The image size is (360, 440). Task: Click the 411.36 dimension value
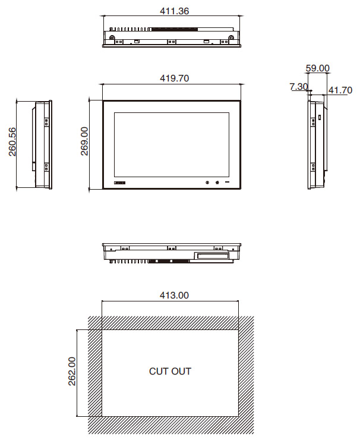tap(175, 11)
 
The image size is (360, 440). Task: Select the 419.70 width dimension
tap(175, 78)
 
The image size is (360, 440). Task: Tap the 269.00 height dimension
tap(84, 141)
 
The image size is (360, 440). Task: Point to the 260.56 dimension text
tap(12, 142)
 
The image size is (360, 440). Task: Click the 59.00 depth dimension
tap(317, 68)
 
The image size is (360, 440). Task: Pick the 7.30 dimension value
tap(299, 86)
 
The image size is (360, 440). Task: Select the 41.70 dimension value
tap(340, 90)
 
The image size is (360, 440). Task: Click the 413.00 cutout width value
tap(174, 295)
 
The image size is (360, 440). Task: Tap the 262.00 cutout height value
tap(72, 371)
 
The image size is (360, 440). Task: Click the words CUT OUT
tap(170, 371)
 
